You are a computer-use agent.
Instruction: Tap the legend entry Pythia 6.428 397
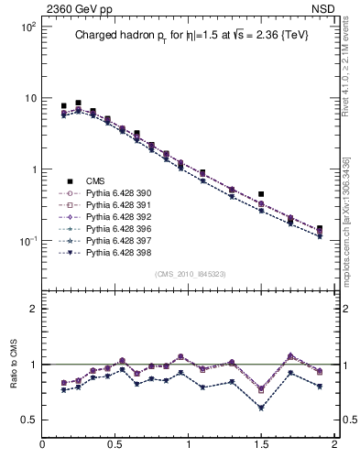coord(115,240)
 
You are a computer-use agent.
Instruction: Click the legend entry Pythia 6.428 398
coord(115,251)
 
